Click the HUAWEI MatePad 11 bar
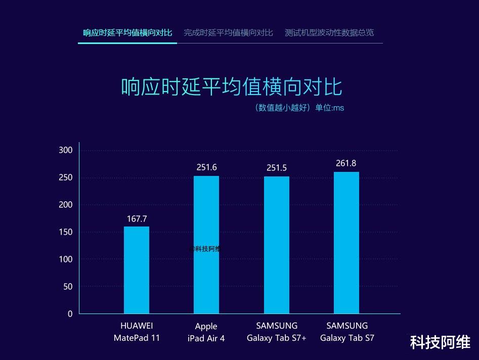pos(137,270)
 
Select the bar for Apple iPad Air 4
pos(206,245)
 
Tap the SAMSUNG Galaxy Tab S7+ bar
pos(277,245)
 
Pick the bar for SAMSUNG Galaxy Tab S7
pos(346,243)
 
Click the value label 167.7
pos(137,219)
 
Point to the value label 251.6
pos(206,167)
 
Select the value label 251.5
pos(277,168)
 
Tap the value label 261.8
pos(346,163)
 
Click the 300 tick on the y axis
pos(66,150)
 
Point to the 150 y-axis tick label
pos(66,232)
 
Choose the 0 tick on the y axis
pos(69,314)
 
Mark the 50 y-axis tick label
pos(68,287)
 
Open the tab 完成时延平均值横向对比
pos(228,33)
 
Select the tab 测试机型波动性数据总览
pos(329,33)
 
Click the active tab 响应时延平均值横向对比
pos(127,33)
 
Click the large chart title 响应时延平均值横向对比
pos(232,87)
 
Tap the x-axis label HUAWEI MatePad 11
pos(137,332)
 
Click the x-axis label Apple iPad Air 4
pos(206,332)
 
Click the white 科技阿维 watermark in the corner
pos(440,342)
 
